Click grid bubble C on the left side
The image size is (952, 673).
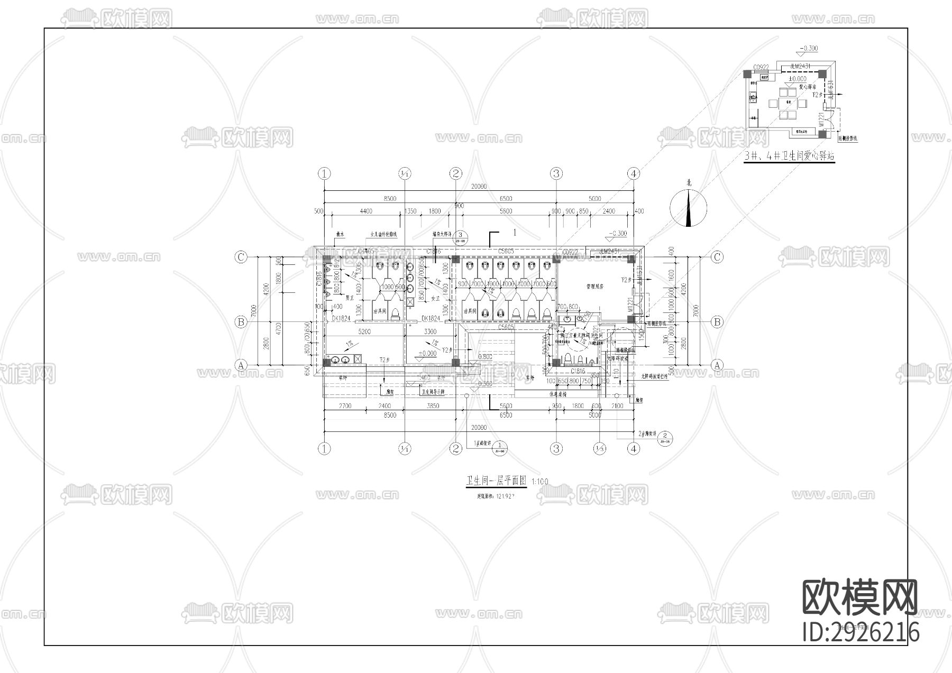tap(241, 257)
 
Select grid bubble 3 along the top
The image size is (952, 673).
tap(556, 173)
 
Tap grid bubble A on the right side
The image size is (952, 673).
tap(717, 365)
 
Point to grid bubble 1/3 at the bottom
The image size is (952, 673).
tap(599, 449)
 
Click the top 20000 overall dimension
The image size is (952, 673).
tap(479, 187)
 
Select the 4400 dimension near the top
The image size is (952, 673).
tap(365, 211)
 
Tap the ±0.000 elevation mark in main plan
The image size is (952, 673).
tap(427, 353)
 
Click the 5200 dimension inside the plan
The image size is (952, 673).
tap(364, 332)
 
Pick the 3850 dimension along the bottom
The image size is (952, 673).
tap(433, 406)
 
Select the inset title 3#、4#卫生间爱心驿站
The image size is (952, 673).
tap(789, 156)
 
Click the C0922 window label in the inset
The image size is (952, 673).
tap(761, 67)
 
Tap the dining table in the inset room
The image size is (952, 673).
tap(788, 103)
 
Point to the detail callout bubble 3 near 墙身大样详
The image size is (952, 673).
tap(461, 236)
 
